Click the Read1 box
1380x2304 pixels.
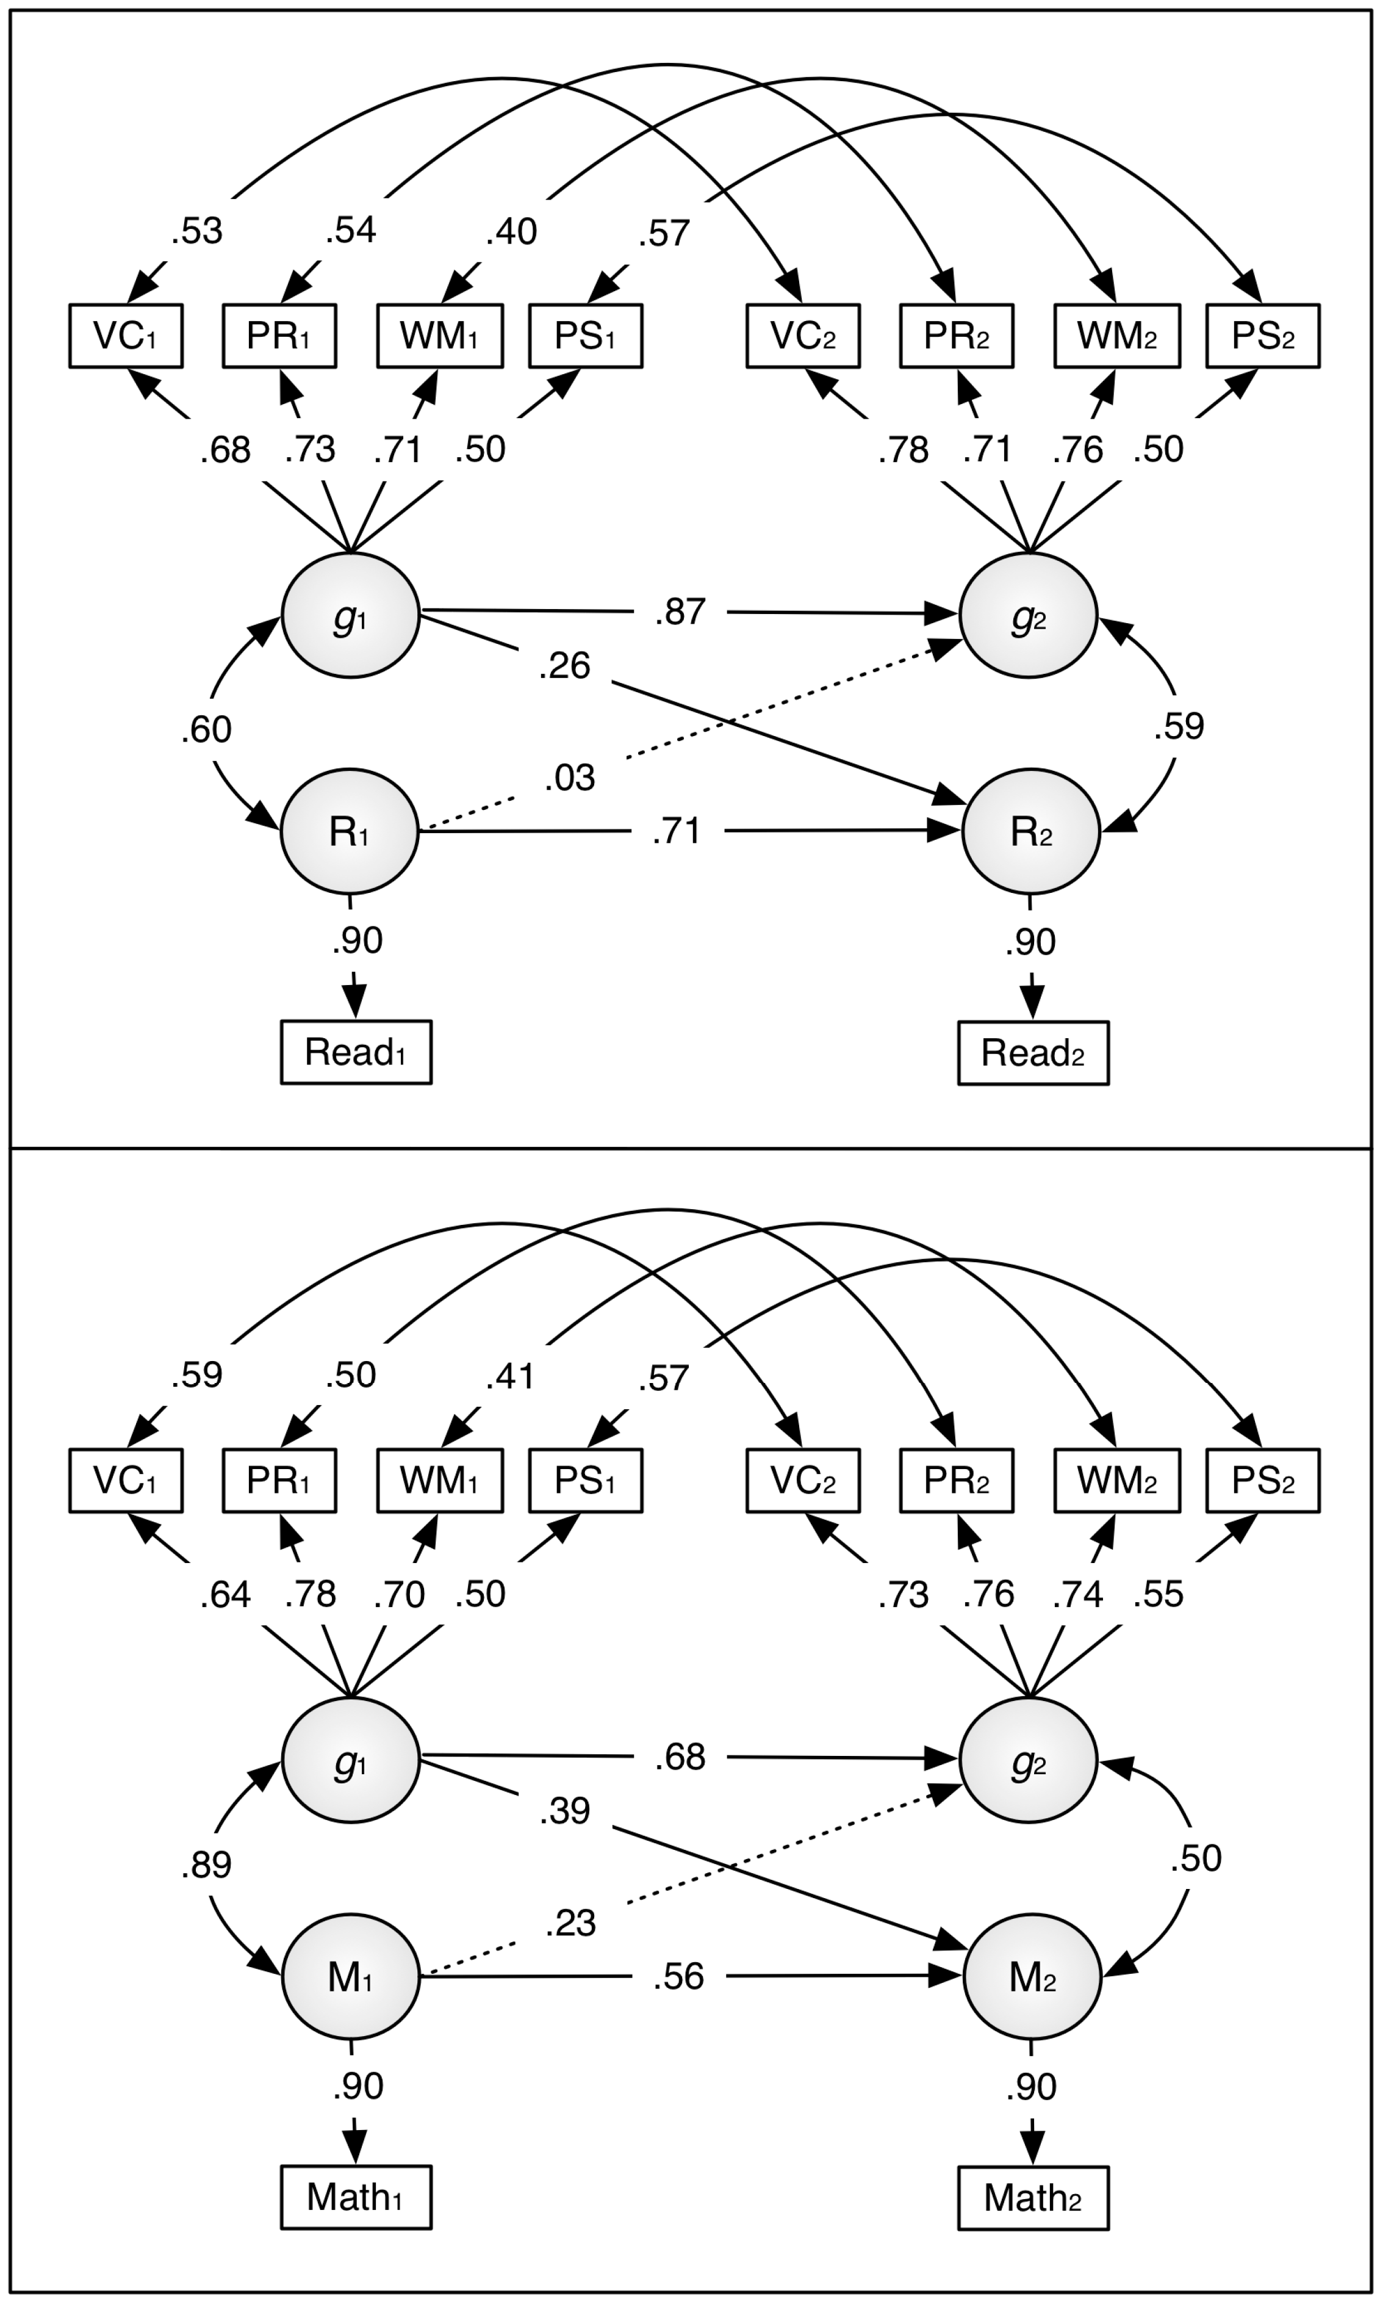pos(356,1052)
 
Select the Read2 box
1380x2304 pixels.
pos(1033,1053)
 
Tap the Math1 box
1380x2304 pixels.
pos(356,2197)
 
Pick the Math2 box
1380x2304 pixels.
pos(1033,2198)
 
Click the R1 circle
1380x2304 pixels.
pos(350,831)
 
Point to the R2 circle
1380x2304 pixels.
pos(1030,831)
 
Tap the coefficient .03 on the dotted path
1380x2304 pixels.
pos(569,778)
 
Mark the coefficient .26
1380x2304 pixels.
pos(564,666)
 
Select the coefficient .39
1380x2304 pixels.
pos(564,1811)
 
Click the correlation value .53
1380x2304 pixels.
pos(197,231)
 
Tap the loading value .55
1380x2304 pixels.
pos(1159,1594)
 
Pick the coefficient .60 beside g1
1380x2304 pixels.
pos(206,729)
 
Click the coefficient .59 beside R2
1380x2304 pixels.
pos(1178,726)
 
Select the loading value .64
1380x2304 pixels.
pos(226,1594)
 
